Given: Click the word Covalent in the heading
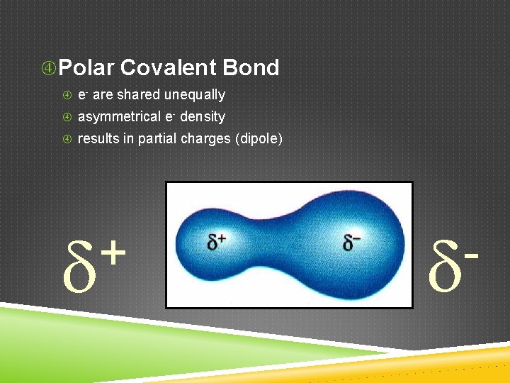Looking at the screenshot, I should click(168, 68).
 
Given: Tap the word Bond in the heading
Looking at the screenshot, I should click(251, 68).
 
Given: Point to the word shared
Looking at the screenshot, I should click(139, 95).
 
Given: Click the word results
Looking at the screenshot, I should click(98, 139).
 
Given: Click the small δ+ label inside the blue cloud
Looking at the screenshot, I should click(217, 242).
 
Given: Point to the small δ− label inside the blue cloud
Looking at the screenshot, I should click(352, 242).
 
